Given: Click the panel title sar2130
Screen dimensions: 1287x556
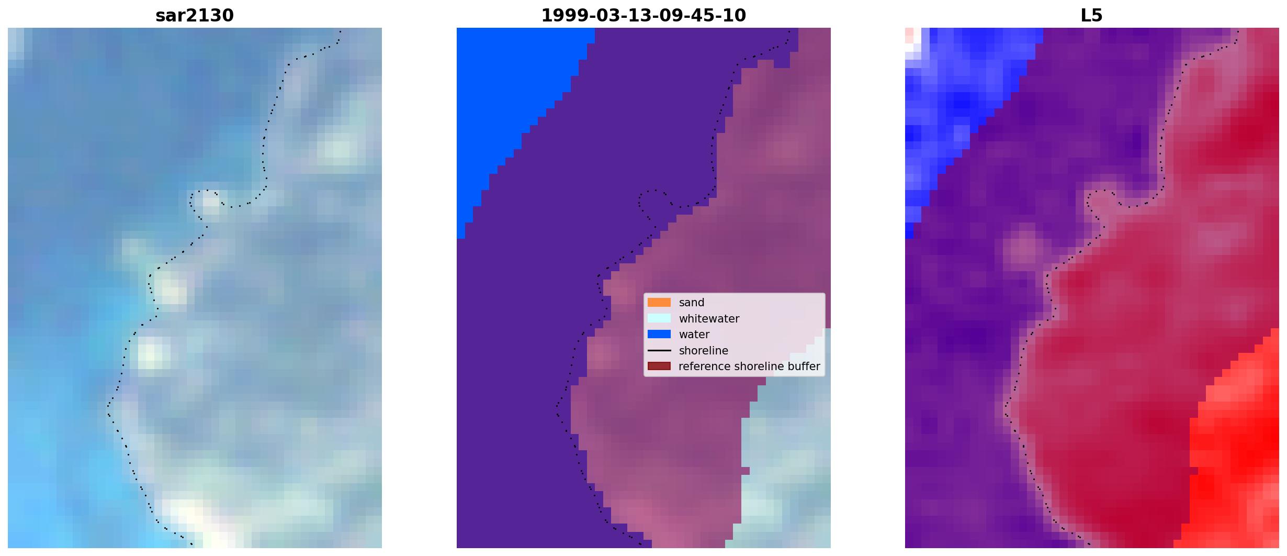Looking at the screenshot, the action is (195, 16).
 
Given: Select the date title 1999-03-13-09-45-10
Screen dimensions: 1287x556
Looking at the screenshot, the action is (643, 16).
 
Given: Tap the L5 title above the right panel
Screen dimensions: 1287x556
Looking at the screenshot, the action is (1092, 16).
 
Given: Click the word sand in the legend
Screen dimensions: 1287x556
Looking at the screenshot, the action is (692, 303).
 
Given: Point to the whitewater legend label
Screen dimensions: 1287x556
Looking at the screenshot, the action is (709, 319).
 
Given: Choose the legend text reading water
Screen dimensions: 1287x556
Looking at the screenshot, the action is (694, 335).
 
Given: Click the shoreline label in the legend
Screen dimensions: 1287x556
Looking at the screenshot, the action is (703, 351).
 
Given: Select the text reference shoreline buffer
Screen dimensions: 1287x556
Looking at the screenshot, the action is (749, 366).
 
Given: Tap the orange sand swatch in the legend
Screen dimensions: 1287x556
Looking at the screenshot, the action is (659, 303).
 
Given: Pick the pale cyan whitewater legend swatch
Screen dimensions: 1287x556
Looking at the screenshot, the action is (659, 318).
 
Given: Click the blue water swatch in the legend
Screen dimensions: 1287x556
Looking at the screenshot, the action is (659, 335).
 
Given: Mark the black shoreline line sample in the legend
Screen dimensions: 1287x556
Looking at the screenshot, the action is (659, 351).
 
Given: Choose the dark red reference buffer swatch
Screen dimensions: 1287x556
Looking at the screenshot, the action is (659, 366).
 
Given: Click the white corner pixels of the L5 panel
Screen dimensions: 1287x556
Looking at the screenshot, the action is (913, 40).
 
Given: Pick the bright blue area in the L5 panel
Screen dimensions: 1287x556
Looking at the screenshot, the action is (957, 105).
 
